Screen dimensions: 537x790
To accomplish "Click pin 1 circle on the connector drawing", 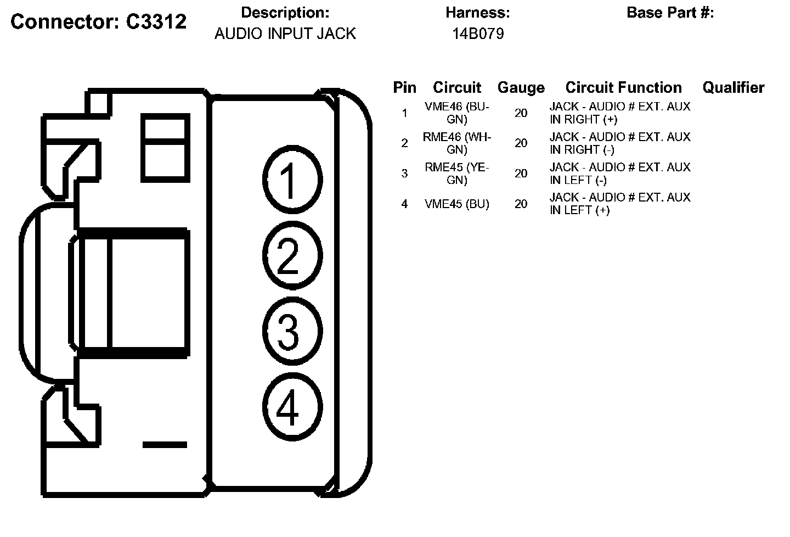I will coord(292,179).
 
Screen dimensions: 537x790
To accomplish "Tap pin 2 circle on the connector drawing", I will coord(292,255).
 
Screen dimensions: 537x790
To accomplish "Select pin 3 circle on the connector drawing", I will coord(292,331).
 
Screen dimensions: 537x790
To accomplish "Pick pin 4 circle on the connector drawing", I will coord(292,407).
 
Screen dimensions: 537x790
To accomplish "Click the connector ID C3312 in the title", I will coord(156,22).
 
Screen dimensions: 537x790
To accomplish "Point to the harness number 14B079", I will coord(478,34).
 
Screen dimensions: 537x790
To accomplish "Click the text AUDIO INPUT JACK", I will coord(285,34).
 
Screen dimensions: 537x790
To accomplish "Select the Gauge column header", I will coord(521,88).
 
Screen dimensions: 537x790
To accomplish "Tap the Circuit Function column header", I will coord(623,88).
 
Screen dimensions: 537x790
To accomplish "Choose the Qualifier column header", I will coord(733,88).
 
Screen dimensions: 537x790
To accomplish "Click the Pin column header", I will coord(404,88).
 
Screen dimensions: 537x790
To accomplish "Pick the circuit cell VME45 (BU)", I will coord(456,204).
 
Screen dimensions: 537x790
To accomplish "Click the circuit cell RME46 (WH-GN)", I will coord(456,143).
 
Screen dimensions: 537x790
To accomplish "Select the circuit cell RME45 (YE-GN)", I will coord(456,174).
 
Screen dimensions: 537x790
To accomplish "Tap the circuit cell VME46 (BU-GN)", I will coord(456,113).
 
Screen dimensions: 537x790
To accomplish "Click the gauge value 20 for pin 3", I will coord(521,174).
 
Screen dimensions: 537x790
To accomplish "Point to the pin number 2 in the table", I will coord(404,143).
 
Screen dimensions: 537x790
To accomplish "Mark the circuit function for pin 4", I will coord(620,204).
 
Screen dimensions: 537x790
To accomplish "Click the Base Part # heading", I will coord(670,13).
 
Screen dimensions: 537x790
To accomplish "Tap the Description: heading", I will coord(285,13).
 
